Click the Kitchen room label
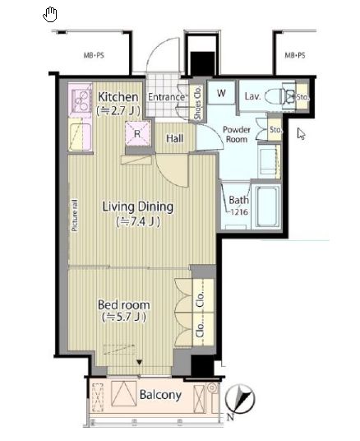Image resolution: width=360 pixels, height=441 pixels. click(x=118, y=97)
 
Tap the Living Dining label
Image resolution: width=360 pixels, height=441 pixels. click(x=138, y=207)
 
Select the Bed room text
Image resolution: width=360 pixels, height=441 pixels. click(x=123, y=305)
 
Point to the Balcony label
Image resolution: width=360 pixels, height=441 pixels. click(x=160, y=395)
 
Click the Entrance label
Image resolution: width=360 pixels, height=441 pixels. click(x=166, y=97)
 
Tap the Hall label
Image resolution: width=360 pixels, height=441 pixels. click(x=174, y=138)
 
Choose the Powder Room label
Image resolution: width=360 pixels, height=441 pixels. click(x=237, y=134)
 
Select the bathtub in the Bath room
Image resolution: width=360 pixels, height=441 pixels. click(x=267, y=206)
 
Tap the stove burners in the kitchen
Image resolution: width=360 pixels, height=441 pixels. click(x=81, y=100)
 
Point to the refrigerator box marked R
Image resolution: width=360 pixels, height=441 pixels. click(x=137, y=133)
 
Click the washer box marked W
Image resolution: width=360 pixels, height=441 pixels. click(x=221, y=93)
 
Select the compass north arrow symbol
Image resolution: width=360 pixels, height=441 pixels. click(x=240, y=399)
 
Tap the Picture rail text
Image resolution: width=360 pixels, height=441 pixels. click(x=75, y=216)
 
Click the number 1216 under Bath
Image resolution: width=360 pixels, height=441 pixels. click(x=239, y=212)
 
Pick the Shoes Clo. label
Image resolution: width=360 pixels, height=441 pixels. click(x=197, y=103)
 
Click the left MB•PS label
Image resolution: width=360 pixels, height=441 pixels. click(x=94, y=55)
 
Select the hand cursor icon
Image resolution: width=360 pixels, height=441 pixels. click(x=50, y=15)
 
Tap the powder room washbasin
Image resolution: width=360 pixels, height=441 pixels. click(x=270, y=161)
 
